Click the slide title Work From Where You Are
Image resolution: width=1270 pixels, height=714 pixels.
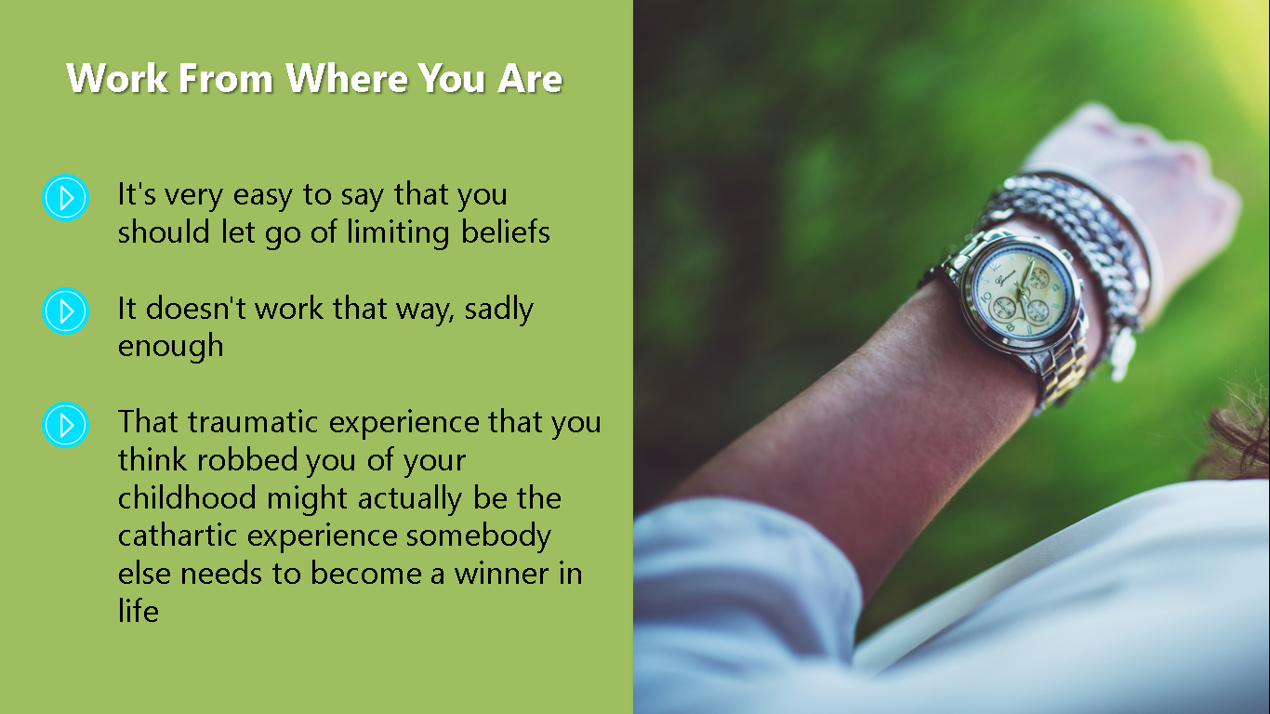(x=314, y=78)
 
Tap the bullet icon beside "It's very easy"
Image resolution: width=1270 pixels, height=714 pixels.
(x=66, y=197)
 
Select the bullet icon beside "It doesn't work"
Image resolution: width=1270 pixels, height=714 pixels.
(x=66, y=311)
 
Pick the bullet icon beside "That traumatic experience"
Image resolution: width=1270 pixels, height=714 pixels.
(x=66, y=425)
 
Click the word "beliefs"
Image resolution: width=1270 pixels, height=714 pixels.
(x=505, y=231)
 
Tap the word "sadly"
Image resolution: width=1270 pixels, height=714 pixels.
(x=499, y=309)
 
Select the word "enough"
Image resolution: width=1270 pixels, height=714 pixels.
(x=171, y=347)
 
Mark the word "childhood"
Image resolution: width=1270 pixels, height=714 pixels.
(x=187, y=497)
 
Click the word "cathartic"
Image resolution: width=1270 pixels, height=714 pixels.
(x=178, y=535)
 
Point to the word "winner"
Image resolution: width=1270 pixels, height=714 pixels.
(x=499, y=574)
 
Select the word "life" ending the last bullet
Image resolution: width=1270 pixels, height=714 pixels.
(x=139, y=611)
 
